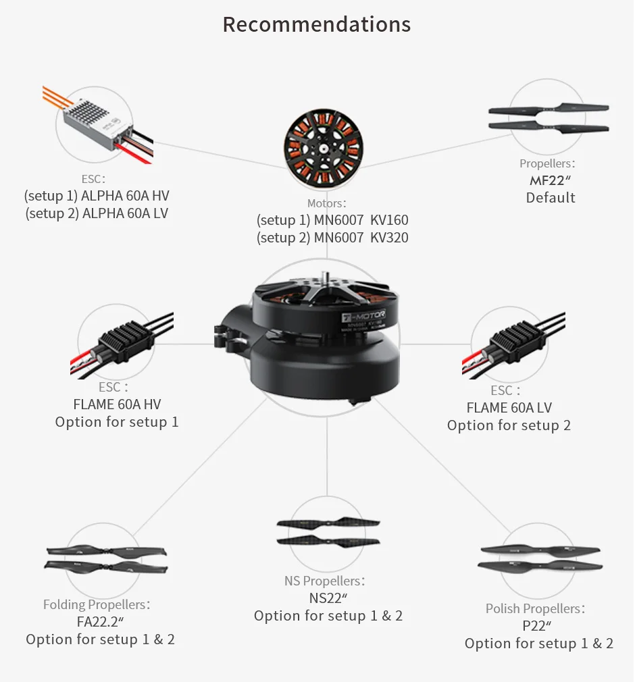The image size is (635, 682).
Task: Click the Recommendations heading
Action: click(x=316, y=24)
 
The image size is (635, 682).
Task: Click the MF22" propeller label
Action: click(x=551, y=180)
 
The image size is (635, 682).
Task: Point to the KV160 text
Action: click(x=389, y=220)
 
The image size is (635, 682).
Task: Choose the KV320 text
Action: click(x=389, y=238)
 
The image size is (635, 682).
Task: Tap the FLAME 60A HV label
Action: click(x=117, y=404)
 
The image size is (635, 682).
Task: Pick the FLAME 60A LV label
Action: click(x=509, y=408)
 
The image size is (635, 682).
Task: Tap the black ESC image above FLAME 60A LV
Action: click(x=515, y=345)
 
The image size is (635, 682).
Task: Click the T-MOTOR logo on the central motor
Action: click(x=363, y=316)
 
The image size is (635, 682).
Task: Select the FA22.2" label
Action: click(x=100, y=622)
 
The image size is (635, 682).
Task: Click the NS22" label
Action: click(x=328, y=598)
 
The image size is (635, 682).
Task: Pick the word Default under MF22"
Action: click(x=551, y=198)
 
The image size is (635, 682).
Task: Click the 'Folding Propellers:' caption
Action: click(x=97, y=604)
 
